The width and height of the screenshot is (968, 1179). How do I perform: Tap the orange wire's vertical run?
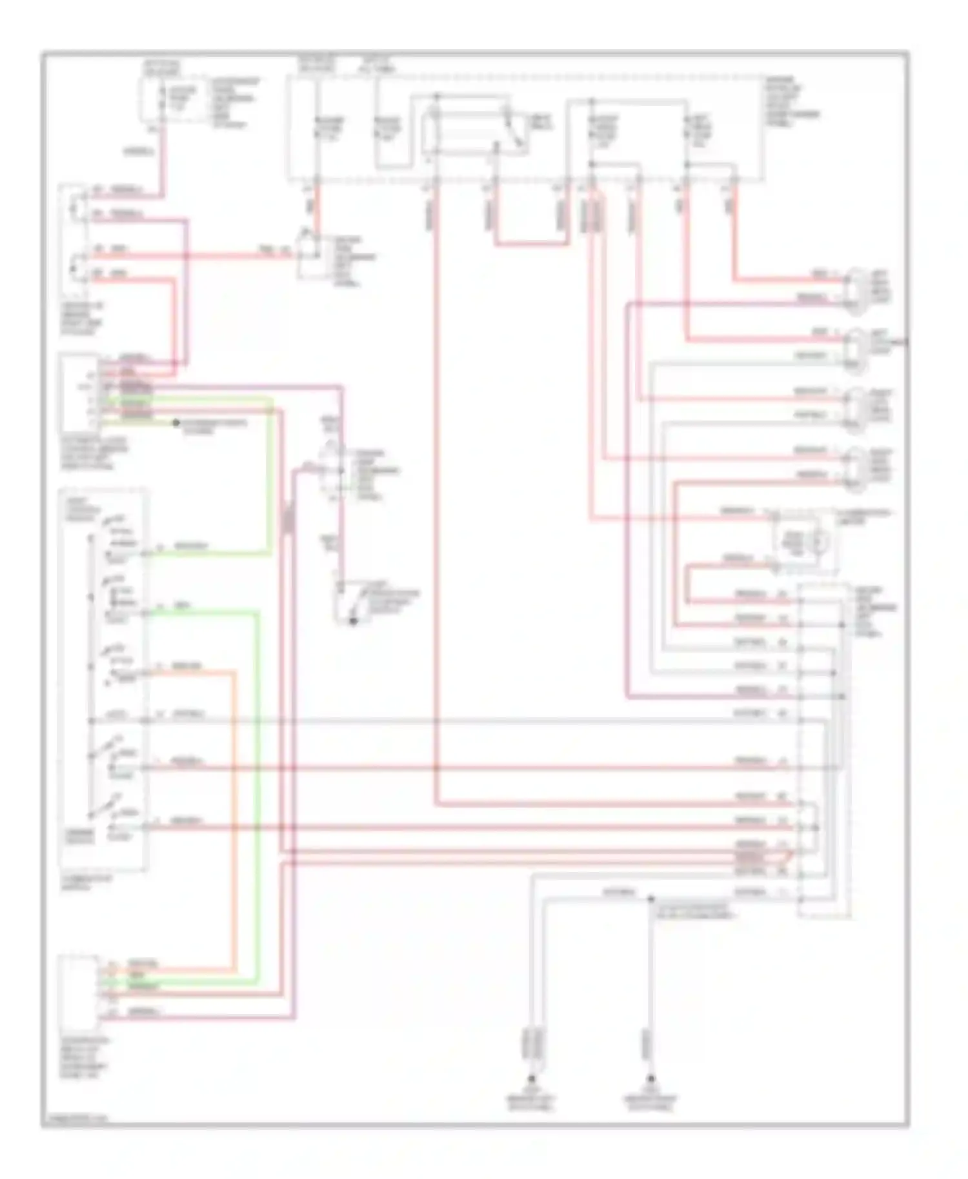(x=234, y=819)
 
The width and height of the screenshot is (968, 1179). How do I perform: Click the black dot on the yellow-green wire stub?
(x=176, y=423)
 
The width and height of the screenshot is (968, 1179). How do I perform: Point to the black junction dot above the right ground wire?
(x=650, y=898)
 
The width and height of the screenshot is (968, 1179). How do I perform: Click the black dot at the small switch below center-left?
(x=353, y=621)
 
